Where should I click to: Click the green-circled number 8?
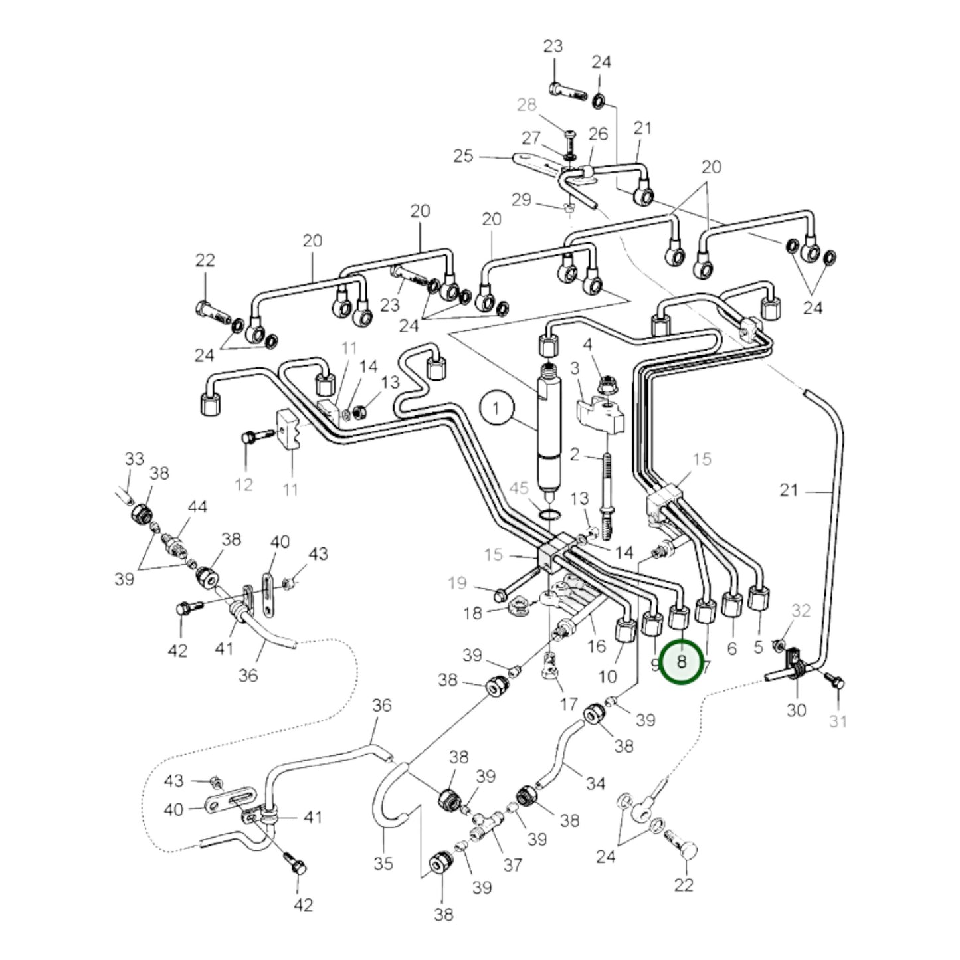(x=681, y=662)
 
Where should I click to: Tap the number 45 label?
(x=518, y=489)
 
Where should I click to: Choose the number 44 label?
(x=197, y=507)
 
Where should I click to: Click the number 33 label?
(x=134, y=458)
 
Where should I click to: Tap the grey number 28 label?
(x=526, y=105)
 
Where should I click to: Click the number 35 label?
(x=383, y=864)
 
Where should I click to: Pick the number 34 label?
(x=595, y=783)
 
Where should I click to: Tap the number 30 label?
(x=796, y=710)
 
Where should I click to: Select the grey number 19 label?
(x=457, y=583)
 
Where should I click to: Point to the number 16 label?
(x=597, y=646)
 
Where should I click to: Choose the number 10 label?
(x=607, y=676)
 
